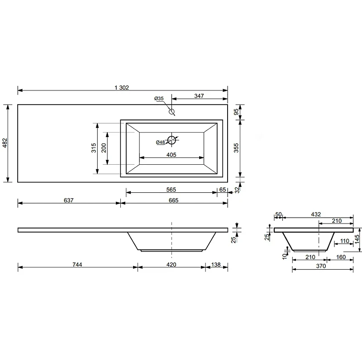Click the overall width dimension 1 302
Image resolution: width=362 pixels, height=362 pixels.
(x=122, y=87)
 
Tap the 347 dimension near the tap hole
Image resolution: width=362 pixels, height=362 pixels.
(x=199, y=96)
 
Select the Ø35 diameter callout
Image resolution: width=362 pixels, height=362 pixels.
(x=159, y=98)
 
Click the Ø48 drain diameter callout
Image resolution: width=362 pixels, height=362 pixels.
(x=160, y=142)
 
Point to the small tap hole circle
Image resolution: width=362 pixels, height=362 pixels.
(x=171, y=111)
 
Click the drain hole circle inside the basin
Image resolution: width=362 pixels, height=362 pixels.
(x=171, y=140)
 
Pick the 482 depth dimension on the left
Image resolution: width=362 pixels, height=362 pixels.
(x=5, y=143)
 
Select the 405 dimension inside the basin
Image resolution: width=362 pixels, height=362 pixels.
(x=171, y=155)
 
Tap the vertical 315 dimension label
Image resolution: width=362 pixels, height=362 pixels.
(x=94, y=148)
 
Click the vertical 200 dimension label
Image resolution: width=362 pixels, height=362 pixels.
(x=104, y=148)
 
